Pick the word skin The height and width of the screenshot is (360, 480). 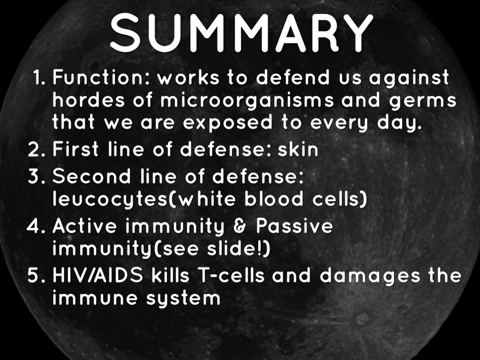pos(298,150)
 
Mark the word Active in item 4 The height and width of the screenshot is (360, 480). pos(84,226)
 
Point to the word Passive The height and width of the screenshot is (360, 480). pos(294,226)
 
